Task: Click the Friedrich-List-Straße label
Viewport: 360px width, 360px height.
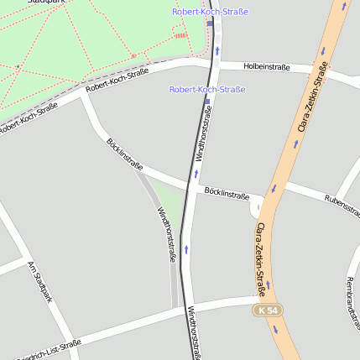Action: (x=46, y=347)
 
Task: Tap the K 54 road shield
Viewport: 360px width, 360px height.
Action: (x=268, y=310)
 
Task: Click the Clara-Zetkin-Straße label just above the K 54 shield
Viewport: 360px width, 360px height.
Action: (x=261, y=260)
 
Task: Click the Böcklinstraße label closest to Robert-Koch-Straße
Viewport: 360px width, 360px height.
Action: (x=125, y=154)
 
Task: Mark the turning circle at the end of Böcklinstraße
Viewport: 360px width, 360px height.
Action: (x=257, y=206)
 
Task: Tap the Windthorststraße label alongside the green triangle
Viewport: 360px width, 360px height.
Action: (x=166, y=234)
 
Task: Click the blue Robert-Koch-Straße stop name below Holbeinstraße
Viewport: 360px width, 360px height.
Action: (x=207, y=89)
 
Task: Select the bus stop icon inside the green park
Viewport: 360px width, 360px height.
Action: (x=210, y=23)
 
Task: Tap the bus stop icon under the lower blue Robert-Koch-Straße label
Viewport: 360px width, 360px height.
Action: (x=206, y=102)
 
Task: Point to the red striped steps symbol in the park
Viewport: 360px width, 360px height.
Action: (x=181, y=35)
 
